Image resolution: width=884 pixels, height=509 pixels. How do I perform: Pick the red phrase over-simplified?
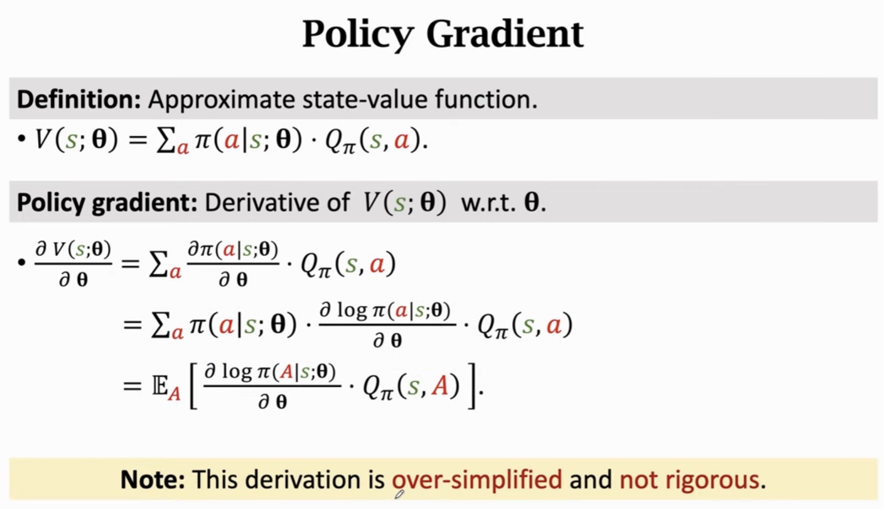(477, 480)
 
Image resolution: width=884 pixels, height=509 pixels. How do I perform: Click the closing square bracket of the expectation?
(472, 387)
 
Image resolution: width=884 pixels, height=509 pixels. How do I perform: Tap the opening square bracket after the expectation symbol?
(194, 387)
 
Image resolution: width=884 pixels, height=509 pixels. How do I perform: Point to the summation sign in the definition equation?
(165, 140)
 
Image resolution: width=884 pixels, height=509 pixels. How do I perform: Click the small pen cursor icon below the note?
(399, 495)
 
